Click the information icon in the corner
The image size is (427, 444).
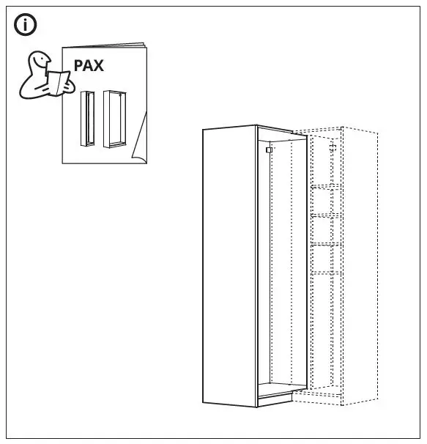click(26, 25)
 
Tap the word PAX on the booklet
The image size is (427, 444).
click(89, 65)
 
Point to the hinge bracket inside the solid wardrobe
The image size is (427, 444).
click(269, 149)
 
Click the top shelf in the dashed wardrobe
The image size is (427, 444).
click(326, 188)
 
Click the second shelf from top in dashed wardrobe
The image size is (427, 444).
click(326, 215)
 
